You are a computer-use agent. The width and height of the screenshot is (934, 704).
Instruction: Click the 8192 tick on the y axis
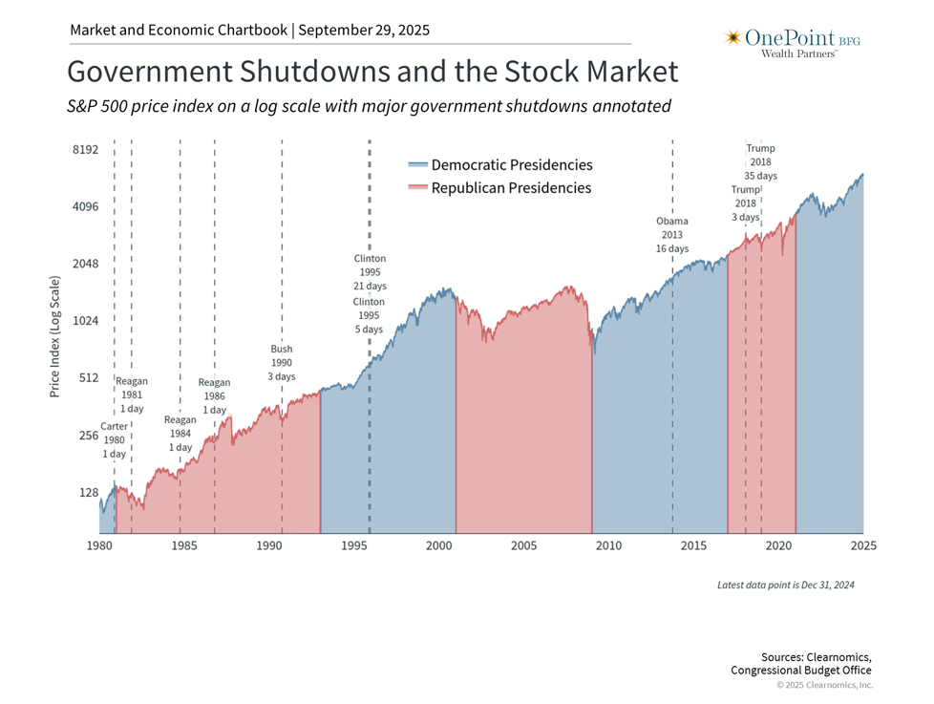(x=86, y=150)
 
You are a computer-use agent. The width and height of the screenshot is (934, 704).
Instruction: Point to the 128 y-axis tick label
(x=88, y=493)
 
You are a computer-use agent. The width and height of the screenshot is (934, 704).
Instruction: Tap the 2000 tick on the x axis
(x=439, y=545)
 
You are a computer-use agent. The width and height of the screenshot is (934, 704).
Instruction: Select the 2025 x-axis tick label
(x=863, y=545)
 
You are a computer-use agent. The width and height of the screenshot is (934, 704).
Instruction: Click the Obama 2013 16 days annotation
(x=671, y=235)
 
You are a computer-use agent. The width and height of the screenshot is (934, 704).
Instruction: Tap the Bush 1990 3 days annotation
(x=281, y=363)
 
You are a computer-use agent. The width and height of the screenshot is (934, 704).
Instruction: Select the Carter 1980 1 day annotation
(x=114, y=440)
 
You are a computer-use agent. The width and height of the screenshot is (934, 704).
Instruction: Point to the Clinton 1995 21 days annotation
(x=370, y=272)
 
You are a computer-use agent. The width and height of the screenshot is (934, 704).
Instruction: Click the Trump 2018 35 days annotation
(x=760, y=162)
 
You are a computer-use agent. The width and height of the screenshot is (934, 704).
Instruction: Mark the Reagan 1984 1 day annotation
(x=180, y=434)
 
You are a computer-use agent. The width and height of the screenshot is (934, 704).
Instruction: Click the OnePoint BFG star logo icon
(x=733, y=38)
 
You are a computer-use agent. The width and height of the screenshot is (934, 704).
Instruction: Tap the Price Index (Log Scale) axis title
(x=54, y=337)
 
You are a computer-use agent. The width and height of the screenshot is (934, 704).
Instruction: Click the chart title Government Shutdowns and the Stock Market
(x=372, y=73)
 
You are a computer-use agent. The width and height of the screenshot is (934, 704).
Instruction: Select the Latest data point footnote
(x=785, y=585)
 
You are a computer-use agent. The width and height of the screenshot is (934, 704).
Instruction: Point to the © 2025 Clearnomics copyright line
(x=823, y=685)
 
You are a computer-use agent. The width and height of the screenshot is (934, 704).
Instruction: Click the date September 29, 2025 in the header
(x=364, y=30)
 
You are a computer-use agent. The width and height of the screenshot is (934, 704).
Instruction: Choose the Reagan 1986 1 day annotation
(x=214, y=396)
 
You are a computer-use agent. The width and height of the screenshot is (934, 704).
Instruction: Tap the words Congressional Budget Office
(x=800, y=671)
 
